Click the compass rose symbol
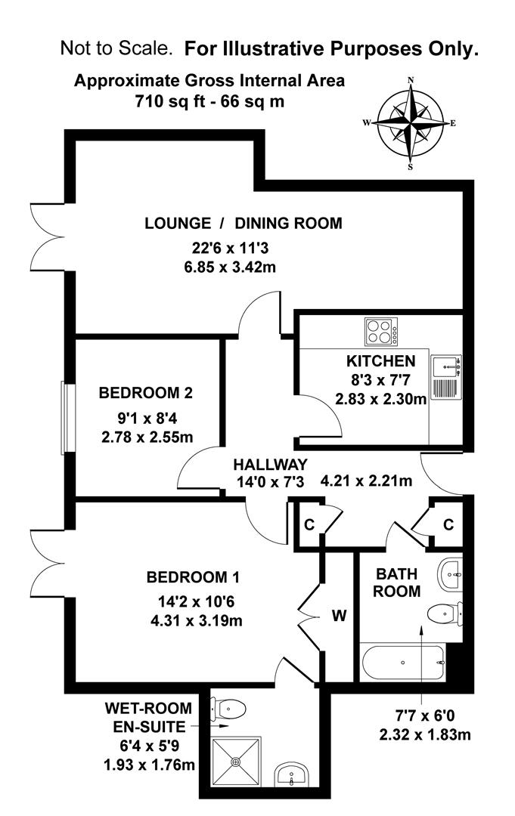410,122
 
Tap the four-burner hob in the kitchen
382,331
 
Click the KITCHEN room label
380,361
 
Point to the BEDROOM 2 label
146,393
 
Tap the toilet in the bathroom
444,612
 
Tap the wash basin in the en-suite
291,774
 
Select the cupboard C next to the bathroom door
448,524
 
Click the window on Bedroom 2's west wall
64,418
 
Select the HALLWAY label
269,464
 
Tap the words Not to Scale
116,50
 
